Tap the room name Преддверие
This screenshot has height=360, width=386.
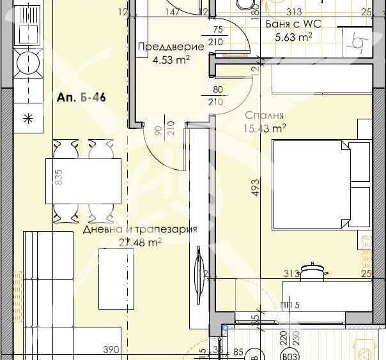click(x=171, y=47)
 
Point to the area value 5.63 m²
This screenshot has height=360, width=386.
click(x=293, y=37)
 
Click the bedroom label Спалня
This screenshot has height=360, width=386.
click(x=264, y=116)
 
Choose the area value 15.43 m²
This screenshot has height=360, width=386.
click(x=264, y=128)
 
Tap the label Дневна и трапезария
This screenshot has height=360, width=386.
click(x=139, y=230)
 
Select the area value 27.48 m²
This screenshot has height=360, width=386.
click(x=140, y=243)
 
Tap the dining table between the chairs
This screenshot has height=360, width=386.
click(x=83, y=181)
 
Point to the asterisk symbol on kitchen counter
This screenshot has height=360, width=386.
click(x=27, y=117)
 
